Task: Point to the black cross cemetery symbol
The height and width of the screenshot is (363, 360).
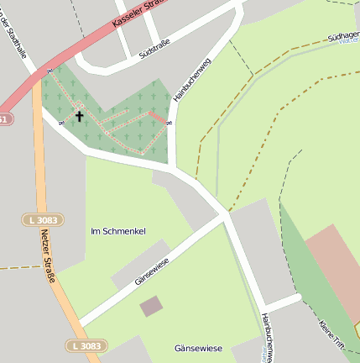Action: tap(80, 116)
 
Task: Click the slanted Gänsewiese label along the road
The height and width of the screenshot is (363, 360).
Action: tap(152, 271)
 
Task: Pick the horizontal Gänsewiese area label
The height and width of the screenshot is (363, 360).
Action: tap(198, 348)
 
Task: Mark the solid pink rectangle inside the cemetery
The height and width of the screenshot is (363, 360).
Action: tap(156, 118)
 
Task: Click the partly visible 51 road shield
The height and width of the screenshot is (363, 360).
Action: tap(5, 119)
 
